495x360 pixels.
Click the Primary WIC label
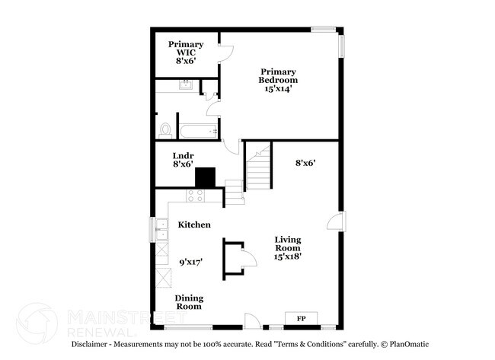click(x=186, y=49)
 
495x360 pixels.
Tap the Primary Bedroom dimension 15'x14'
click(x=277, y=89)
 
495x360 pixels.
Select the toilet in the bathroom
click(x=164, y=130)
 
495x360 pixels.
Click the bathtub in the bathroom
click(x=198, y=130)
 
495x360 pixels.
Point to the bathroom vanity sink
click(x=185, y=85)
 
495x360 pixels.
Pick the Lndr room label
click(x=183, y=156)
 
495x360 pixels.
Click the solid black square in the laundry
click(x=206, y=177)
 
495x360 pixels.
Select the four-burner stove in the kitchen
click(x=195, y=196)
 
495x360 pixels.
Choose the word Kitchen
click(x=194, y=225)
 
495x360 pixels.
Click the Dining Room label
click(x=188, y=302)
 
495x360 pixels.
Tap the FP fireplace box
click(x=301, y=317)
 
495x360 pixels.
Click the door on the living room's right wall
click(x=334, y=221)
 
